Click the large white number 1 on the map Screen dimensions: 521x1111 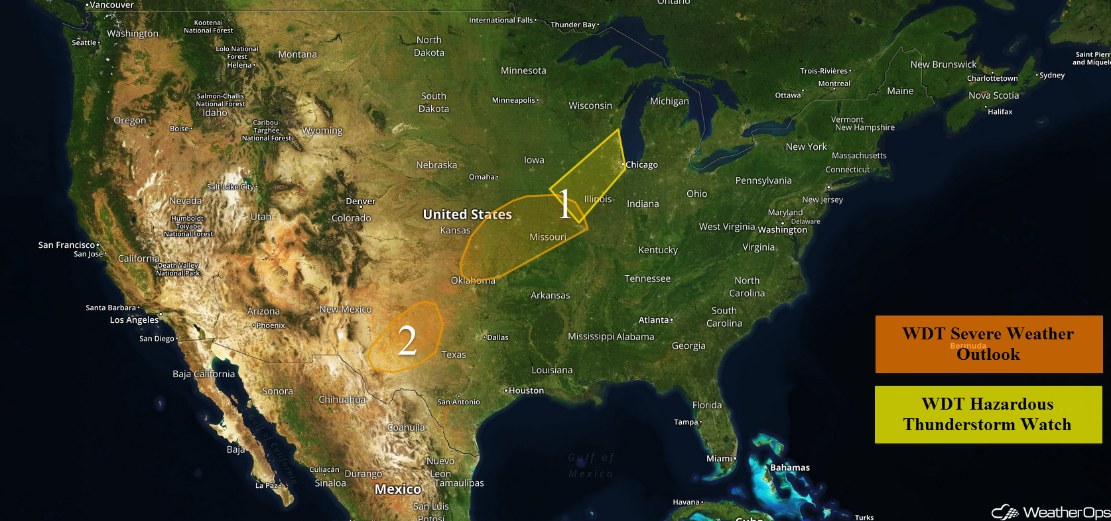pyautogui.click(x=564, y=203)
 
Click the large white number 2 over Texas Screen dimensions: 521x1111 pyautogui.click(x=407, y=341)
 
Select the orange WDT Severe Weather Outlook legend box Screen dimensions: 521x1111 pyautogui.click(x=988, y=344)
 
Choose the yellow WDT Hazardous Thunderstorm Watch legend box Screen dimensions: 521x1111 pyautogui.click(x=988, y=414)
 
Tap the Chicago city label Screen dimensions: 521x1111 pyautogui.click(x=641, y=165)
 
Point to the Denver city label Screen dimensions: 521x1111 pyautogui.click(x=360, y=202)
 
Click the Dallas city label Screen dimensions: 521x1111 pyautogui.click(x=497, y=337)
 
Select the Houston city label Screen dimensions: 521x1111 pyautogui.click(x=526, y=390)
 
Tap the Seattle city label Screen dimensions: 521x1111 pyautogui.click(x=84, y=42)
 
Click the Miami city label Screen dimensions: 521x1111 pyautogui.click(x=719, y=458)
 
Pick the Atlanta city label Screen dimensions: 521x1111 pyautogui.click(x=654, y=320)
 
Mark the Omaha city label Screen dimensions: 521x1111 pyautogui.click(x=482, y=177)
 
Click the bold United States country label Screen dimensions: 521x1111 pyautogui.click(x=468, y=214)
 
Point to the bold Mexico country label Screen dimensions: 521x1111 pyautogui.click(x=398, y=489)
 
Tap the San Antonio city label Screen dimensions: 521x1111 pyautogui.click(x=458, y=402)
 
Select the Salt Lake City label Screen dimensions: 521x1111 pyautogui.click(x=231, y=187)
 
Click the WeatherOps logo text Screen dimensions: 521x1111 pyautogui.click(x=1065, y=512)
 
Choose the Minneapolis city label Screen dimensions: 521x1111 pyautogui.click(x=513, y=100)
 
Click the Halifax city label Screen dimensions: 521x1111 pyautogui.click(x=1000, y=112)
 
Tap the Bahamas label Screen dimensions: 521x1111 pyautogui.click(x=789, y=467)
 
